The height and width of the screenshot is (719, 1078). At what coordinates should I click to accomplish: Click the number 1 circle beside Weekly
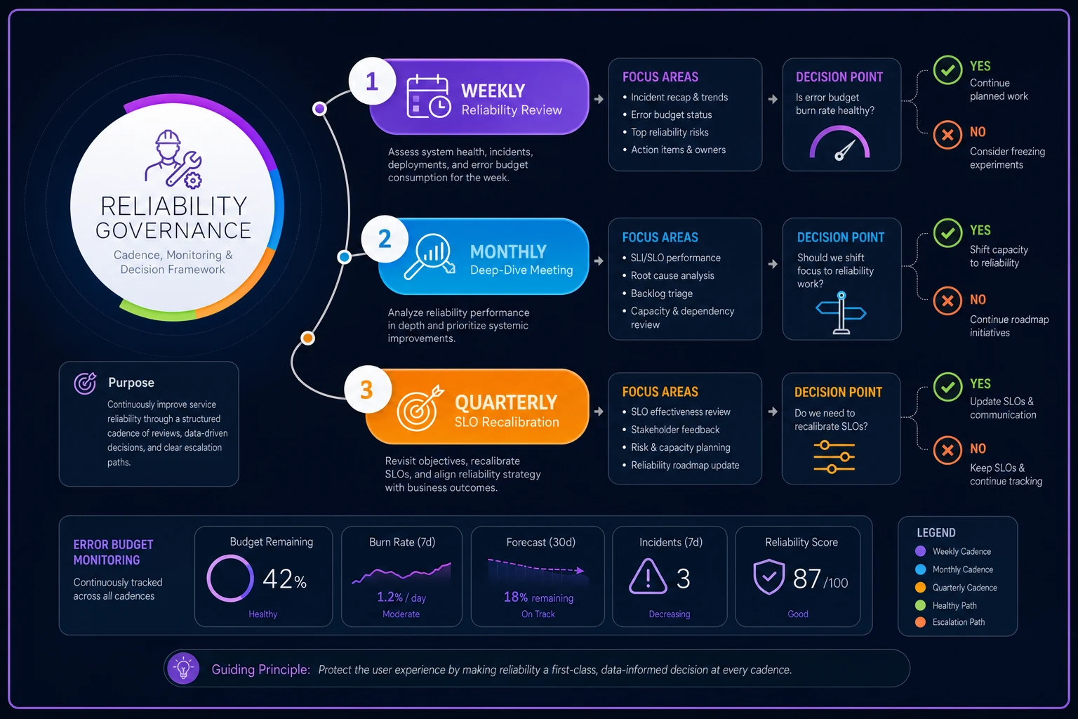click(372, 81)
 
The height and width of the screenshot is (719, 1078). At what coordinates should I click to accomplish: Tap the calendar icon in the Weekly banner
click(428, 96)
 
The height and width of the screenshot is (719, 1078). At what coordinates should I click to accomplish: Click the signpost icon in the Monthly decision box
click(841, 312)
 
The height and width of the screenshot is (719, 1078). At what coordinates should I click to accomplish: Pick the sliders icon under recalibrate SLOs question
click(834, 456)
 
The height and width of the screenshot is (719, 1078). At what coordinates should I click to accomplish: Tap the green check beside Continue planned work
click(947, 70)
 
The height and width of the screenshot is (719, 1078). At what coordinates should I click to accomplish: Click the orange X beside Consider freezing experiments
click(947, 135)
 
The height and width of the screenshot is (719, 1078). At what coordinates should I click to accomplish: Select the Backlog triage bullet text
click(662, 293)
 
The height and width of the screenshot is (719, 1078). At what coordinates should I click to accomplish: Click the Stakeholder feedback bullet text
click(675, 430)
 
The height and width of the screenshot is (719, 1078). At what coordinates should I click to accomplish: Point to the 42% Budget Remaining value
click(284, 579)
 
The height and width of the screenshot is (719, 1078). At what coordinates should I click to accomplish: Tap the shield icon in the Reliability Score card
click(769, 576)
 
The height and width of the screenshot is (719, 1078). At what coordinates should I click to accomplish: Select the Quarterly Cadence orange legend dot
click(920, 588)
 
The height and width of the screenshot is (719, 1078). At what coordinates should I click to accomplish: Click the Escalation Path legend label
click(959, 622)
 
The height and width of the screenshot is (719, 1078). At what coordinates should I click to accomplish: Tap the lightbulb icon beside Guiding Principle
click(183, 668)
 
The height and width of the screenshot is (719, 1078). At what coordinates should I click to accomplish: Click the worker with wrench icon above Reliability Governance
click(173, 158)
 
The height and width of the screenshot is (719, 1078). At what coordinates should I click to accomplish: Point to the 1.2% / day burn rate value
click(401, 598)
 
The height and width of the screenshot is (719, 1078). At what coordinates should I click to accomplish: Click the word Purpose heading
click(131, 383)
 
